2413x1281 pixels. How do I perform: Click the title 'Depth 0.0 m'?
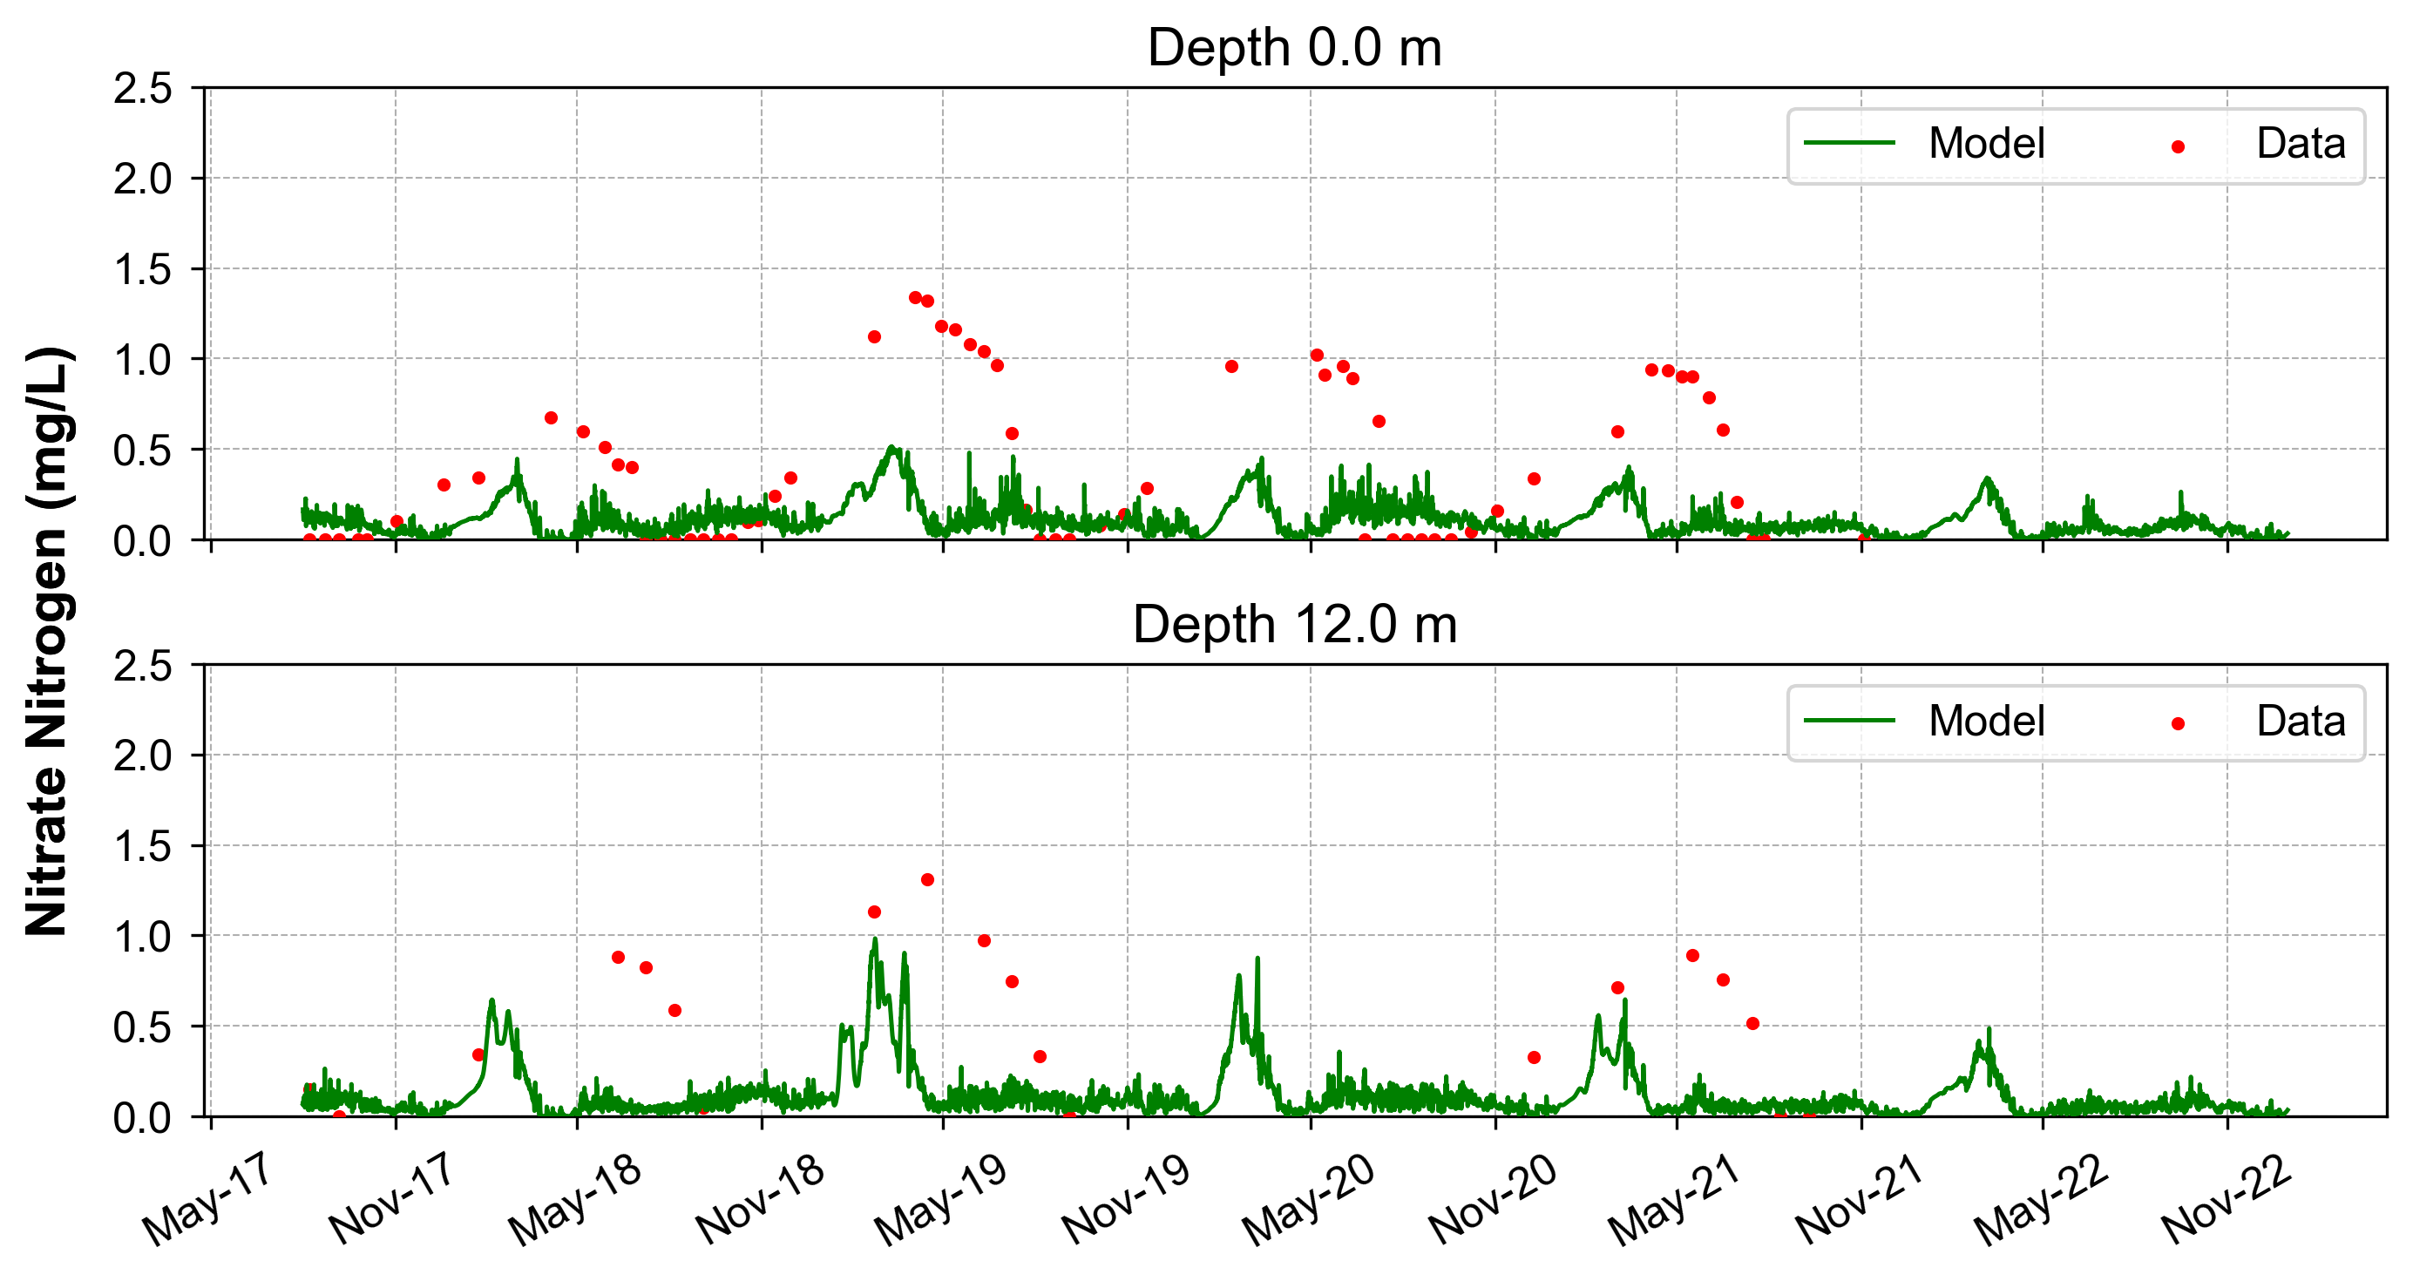pos(1295,48)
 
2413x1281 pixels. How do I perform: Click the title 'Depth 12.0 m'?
pos(1295,625)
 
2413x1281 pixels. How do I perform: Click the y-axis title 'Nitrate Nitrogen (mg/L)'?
pos(47,640)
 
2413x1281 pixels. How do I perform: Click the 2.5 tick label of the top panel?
pos(143,89)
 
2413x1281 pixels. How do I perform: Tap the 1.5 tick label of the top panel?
pos(143,269)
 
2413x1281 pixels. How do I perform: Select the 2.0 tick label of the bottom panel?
pos(143,756)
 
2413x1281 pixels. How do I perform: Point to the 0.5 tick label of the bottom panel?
pos(143,1027)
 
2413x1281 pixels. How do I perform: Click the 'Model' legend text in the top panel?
pos(1986,144)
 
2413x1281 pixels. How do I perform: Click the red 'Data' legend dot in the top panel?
pos(2178,147)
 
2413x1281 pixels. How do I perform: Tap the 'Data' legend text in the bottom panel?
pos(2301,722)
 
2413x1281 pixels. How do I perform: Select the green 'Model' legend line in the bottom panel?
pos(1849,721)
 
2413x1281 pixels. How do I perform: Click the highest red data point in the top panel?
pos(915,298)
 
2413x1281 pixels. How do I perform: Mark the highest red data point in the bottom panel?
pos(927,880)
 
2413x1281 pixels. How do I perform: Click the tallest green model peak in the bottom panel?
pos(875,939)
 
